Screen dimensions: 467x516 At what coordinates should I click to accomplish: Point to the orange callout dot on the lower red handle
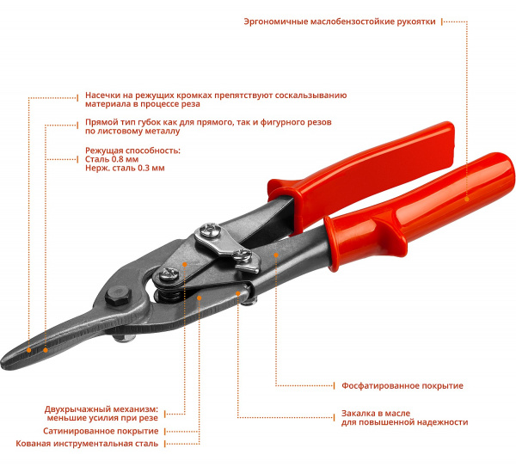click(467, 199)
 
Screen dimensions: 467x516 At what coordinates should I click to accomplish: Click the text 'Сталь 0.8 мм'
click(111, 159)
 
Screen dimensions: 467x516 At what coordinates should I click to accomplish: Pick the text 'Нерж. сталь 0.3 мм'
click(125, 169)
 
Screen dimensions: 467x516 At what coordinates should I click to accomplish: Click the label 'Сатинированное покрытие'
click(101, 431)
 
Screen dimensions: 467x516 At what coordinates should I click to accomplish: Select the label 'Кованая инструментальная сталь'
click(87, 445)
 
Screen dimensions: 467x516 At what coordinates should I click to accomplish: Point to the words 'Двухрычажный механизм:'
click(101, 409)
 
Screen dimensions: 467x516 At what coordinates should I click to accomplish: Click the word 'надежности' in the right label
click(440, 422)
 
